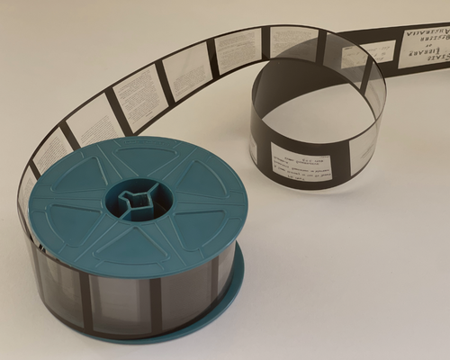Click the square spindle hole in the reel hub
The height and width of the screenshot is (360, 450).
point(135,197)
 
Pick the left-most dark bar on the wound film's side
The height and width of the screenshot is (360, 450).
point(85,292)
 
